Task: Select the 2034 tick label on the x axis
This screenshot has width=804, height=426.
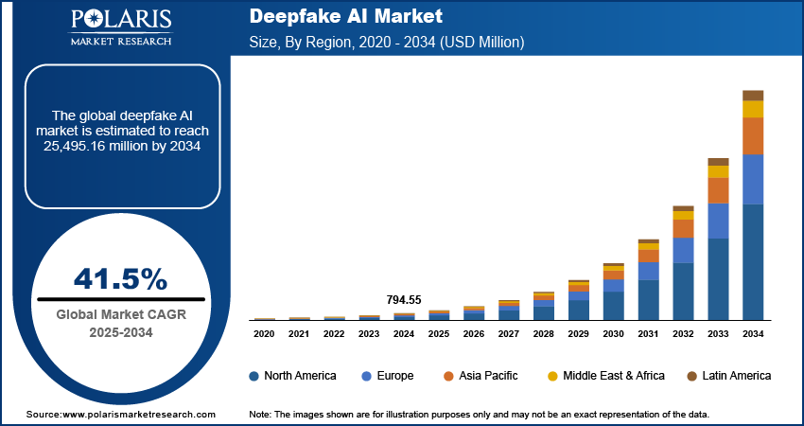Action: (753, 333)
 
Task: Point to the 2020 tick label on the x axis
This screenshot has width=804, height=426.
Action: (264, 333)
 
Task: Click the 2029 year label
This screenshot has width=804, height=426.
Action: (578, 333)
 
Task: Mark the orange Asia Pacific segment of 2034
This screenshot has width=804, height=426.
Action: (753, 136)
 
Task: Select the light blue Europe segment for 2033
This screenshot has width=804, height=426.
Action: (719, 221)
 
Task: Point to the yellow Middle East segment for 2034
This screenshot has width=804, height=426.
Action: (753, 109)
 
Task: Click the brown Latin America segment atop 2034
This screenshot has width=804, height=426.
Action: (753, 95)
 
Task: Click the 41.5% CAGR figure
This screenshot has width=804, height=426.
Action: (121, 279)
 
